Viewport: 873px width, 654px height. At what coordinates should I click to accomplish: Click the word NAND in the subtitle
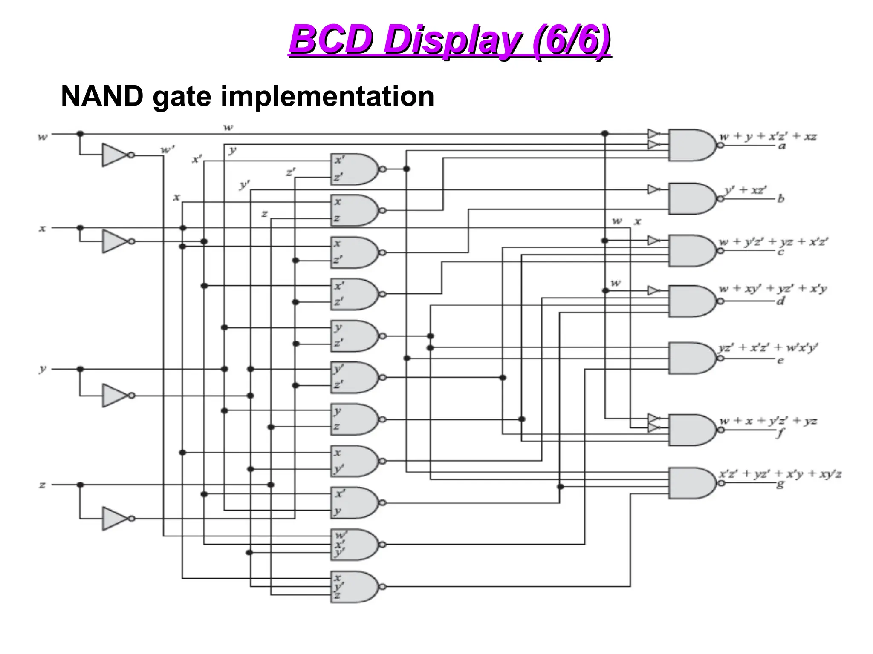102,96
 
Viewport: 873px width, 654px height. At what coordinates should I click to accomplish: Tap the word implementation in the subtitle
327,96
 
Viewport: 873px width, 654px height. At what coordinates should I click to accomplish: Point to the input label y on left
42,369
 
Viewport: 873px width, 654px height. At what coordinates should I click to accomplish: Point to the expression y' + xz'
746,189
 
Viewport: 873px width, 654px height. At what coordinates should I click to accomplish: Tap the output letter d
780,301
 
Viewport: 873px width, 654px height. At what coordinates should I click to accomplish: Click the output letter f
780,433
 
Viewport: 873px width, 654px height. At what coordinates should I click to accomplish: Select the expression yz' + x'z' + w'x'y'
768,347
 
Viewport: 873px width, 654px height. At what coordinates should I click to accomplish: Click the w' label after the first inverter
167,150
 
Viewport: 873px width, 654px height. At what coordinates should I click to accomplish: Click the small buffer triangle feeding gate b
653,189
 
